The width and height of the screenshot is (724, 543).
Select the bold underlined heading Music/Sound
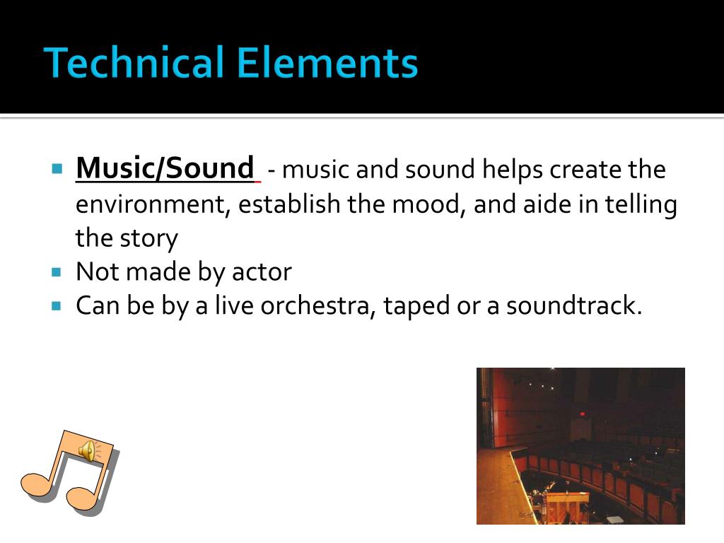coord(164,168)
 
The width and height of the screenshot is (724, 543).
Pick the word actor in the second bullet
coord(262,271)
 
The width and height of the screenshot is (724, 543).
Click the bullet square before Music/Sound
coord(57,170)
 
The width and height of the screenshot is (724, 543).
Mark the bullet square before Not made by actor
coord(57,272)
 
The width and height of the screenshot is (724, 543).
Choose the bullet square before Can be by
coord(57,306)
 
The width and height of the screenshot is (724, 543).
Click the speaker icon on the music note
coord(88,450)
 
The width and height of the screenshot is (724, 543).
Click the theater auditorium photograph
coord(580,445)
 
